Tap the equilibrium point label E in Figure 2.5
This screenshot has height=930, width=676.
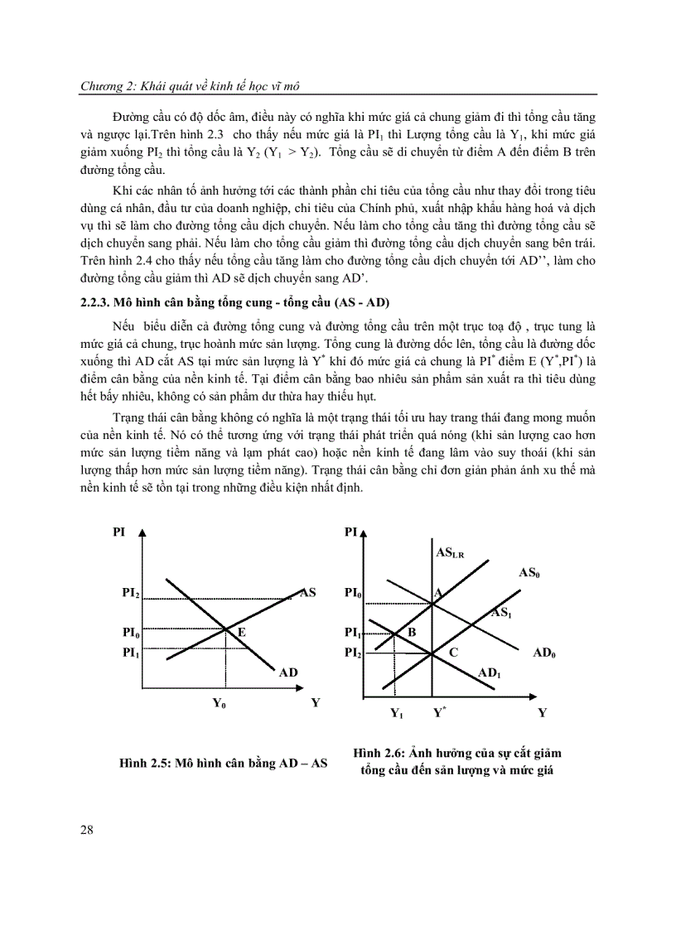click(x=243, y=631)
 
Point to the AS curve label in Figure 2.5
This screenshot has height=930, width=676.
click(x=308, y=592)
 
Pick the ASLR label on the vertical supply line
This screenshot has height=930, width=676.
click(x=449, y=552)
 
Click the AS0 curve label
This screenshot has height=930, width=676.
click(x=529, y=572)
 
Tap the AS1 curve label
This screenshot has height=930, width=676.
click(x=500, y=613)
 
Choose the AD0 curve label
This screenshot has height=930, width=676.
click(x=544, y=653)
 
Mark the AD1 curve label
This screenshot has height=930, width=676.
click(x=490, y=673)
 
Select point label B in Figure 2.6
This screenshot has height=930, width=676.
click(x=411, y=632)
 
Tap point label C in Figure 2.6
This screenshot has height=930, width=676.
click(x=453, y=653)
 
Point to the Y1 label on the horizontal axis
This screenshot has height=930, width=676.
click(x=397, y=712)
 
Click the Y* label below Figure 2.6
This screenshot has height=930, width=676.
click(x=439, y=711)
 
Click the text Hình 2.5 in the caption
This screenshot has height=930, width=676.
click(x=142, y=764)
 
